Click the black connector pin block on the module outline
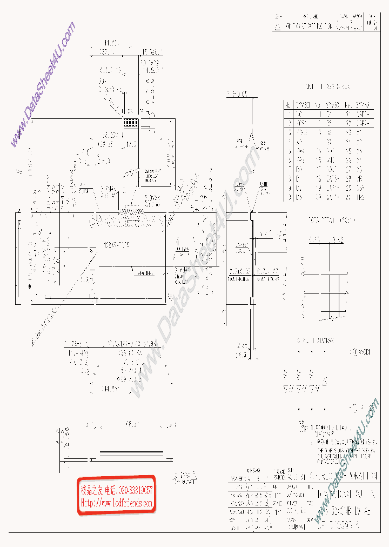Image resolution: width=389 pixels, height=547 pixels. pyautogui.click(x=130, y=123)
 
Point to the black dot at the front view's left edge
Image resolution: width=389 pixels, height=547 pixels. pyautogui.click(x=30, y=287)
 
